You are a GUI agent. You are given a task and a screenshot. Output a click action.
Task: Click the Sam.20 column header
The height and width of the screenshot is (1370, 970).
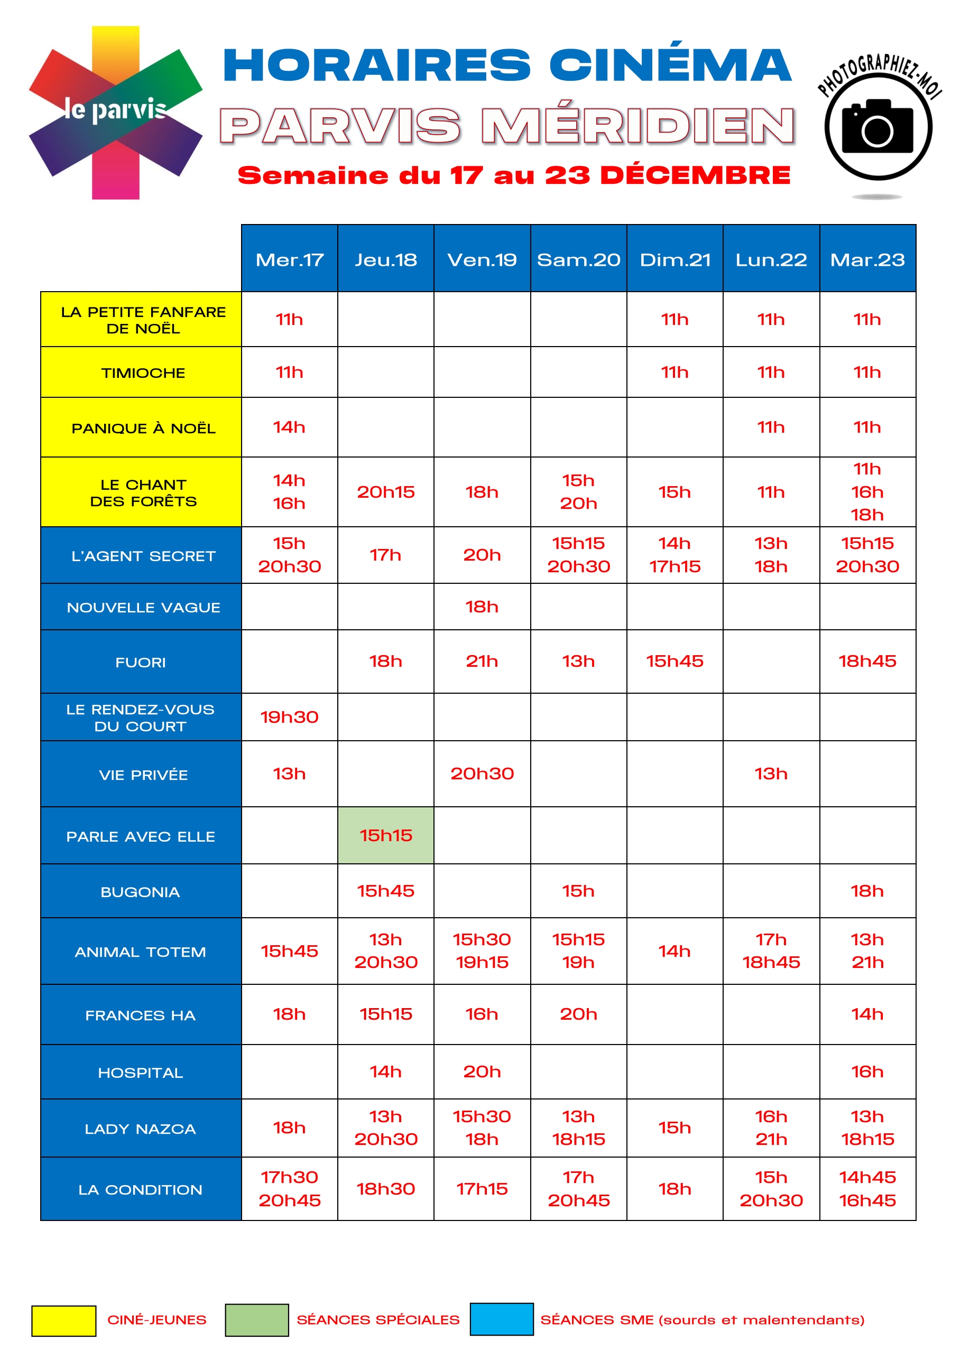pos(578,259)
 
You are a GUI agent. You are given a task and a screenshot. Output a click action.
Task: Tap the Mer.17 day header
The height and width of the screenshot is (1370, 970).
pos(289,259)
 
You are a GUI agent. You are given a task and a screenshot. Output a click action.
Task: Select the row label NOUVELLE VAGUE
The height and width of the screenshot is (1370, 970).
pos(143,607)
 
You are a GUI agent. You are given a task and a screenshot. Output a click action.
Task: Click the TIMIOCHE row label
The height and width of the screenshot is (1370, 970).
pos(143,373)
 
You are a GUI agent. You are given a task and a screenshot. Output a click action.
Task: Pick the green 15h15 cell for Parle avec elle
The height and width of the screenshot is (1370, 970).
pos(386,835)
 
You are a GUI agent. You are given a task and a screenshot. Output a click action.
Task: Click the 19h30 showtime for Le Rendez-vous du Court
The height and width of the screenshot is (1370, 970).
pos(289,717)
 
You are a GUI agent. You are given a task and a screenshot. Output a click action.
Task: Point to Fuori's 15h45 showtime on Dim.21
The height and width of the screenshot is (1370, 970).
pos(675,661)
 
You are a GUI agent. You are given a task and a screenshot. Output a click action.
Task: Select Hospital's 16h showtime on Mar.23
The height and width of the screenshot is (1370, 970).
pos(867,1071)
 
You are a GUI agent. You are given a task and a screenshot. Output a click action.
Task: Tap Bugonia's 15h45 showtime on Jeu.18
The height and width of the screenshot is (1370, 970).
pos(386,891)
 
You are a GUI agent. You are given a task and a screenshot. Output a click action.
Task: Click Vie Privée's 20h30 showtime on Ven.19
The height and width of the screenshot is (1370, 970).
pos(482,773)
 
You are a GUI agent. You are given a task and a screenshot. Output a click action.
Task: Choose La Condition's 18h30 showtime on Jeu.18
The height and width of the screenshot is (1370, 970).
pos(386,1189)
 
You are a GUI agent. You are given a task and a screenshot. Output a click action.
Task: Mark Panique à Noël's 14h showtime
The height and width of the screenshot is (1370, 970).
pos(289,427)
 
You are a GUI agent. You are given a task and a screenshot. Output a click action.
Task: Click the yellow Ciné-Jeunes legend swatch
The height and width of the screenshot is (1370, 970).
pos(63,1320)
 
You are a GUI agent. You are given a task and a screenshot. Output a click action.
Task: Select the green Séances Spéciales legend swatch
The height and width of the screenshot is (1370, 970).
pos(257,1320)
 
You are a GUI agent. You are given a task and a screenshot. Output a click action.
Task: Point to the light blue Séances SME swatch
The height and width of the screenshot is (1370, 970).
pos(502,1319)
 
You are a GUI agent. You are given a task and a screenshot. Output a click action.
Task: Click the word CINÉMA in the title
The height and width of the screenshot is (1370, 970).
pos(670,65)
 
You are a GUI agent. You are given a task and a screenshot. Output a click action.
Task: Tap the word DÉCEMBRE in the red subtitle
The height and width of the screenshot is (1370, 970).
pos(695,175)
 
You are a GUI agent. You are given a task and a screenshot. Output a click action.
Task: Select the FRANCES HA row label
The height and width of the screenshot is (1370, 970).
pos(141,1015)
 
